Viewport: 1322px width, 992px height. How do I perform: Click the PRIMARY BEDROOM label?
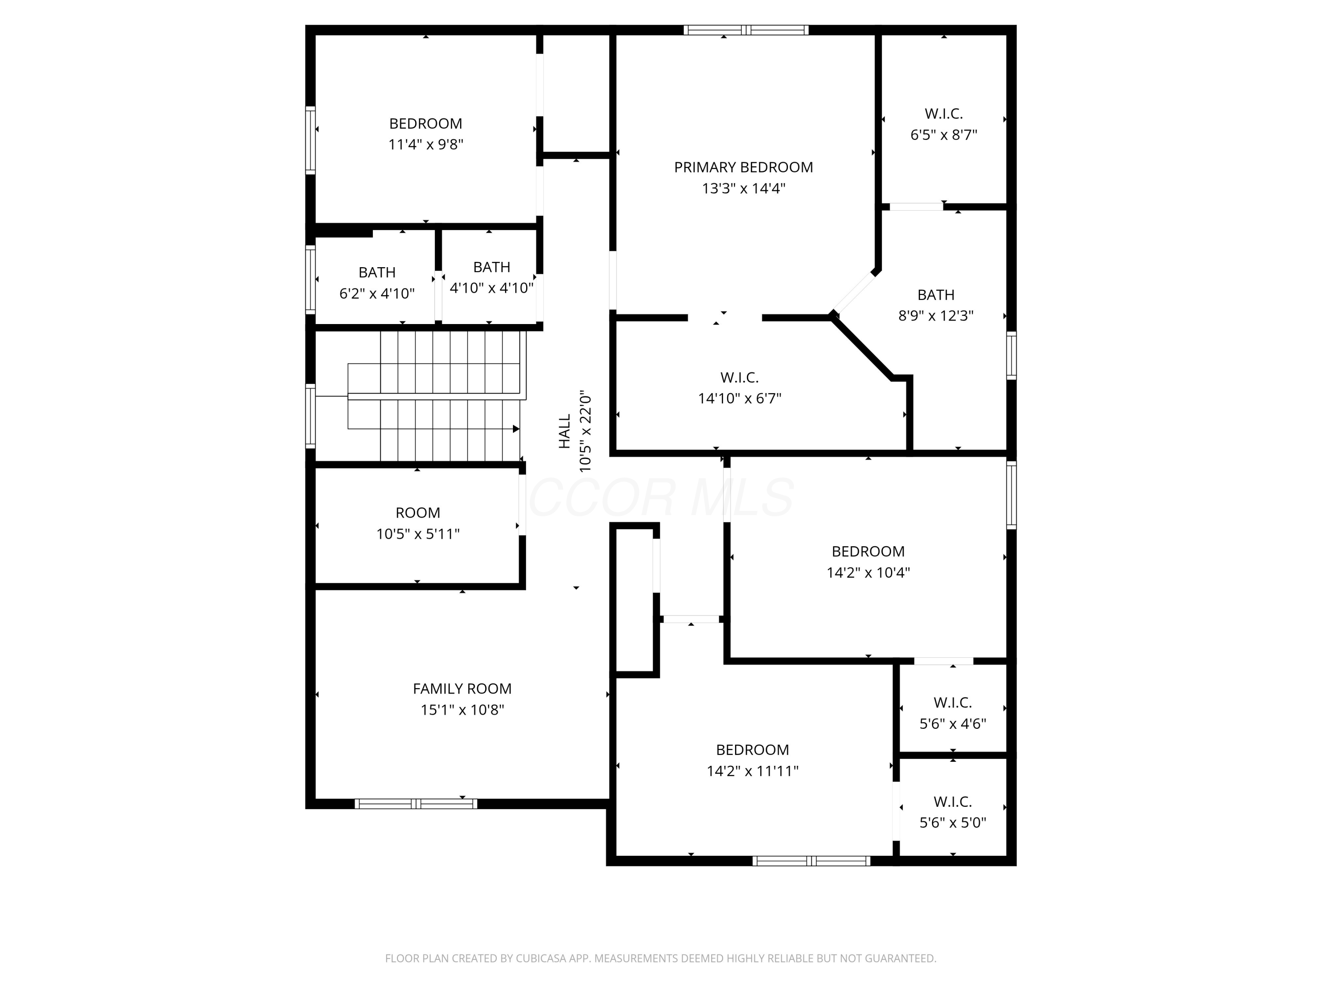point(743,168)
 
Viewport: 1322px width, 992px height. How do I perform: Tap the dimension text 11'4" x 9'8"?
point(426,145)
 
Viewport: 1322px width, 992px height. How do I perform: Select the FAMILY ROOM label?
point(462,689)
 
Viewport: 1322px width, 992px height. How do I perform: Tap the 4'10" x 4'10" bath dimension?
point(491,288)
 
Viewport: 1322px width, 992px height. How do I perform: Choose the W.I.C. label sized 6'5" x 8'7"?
point(944,114)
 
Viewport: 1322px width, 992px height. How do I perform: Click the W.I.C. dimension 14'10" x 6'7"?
point(739,398)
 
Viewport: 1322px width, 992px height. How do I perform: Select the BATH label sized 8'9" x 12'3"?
point(936,295)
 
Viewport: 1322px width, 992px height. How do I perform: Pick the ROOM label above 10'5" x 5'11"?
point(418,513)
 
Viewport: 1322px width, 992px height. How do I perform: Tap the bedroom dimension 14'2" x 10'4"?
point(868,573)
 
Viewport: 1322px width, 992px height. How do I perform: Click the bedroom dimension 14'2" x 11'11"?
point(753,772)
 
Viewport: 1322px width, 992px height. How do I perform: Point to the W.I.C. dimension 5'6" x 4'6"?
point(953,724)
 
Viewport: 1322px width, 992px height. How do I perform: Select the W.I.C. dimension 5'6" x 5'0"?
point(953,823)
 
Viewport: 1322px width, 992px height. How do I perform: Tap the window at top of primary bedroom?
point(746,30)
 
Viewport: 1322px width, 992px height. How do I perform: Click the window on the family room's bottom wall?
point(416,804)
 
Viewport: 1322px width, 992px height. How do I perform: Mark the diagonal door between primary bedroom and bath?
point(854,292)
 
